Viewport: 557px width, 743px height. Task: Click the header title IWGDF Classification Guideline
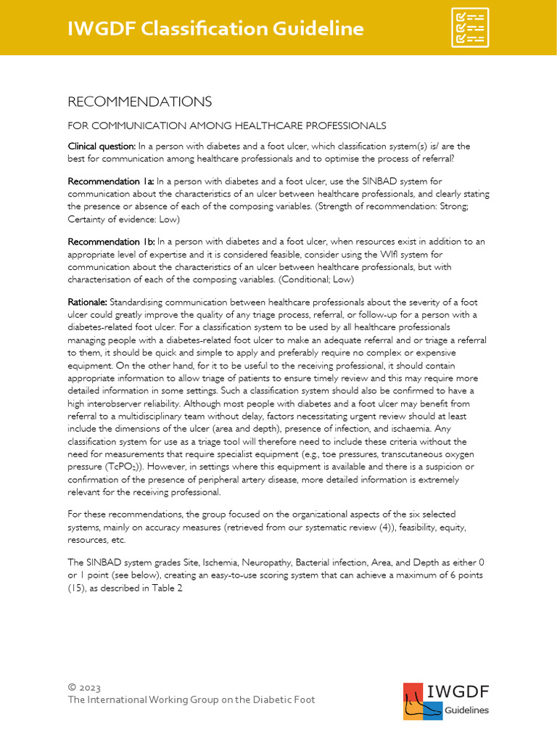coord(215,28)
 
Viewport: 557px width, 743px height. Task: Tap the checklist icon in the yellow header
coord(469,28)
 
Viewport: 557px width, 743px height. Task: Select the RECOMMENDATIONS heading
coord(139,101)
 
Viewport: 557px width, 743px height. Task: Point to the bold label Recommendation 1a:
coord(111,181)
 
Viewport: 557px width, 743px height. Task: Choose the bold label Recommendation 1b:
coord(111,241)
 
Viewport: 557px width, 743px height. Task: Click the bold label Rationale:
coord(88,301)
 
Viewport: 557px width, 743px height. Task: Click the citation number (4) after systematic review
coord(353,528)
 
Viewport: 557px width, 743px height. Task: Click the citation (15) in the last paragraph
coord(78,589)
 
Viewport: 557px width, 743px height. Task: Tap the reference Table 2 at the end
coord(167,589)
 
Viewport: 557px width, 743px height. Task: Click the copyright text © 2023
coord(84,687)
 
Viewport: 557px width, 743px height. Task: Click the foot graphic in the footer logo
coord(419,702)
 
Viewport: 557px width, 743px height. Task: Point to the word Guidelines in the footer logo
coord(466,710)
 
